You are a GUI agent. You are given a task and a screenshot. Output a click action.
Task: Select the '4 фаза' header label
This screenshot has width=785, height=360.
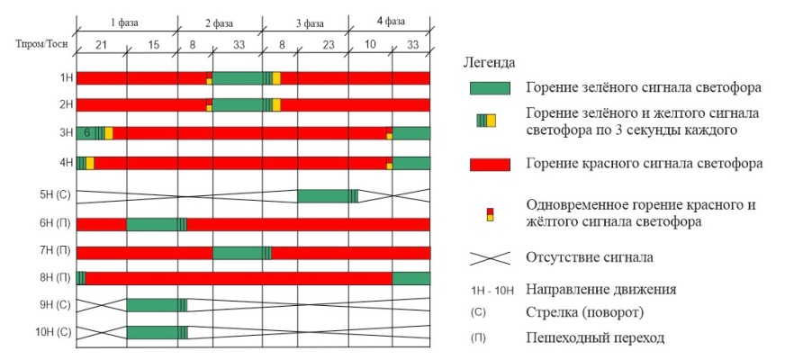[388, 21]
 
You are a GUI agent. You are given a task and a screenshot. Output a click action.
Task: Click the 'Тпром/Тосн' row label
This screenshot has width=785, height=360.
[41, 42]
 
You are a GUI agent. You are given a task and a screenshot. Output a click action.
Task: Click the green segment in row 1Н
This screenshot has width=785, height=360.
[238, 78]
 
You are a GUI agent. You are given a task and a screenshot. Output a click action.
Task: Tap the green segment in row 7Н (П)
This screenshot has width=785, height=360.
[238, 252]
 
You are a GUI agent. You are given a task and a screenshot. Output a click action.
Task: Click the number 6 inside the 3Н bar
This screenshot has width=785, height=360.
[87, 132]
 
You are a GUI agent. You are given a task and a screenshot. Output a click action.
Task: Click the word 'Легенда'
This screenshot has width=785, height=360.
[489, 63]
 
